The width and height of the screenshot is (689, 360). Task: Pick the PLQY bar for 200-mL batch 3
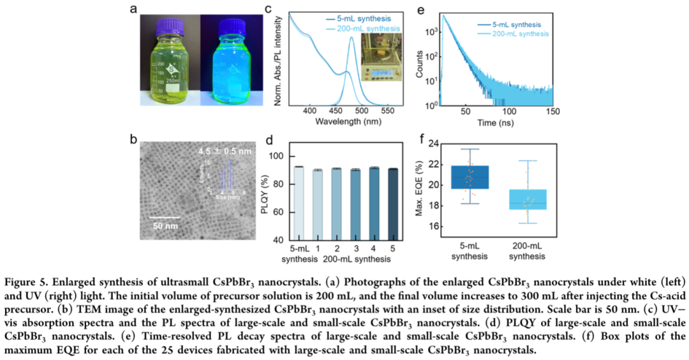[x=355, y=204]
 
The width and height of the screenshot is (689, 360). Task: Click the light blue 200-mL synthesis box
[x=527, y=199]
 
